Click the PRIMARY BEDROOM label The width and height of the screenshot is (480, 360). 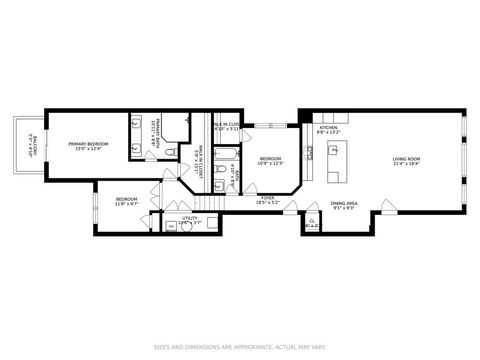click(x=89, y=144)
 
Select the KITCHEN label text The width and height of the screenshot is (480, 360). click(x=328, y=127)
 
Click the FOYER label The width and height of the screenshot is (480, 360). click(x=268, y=198)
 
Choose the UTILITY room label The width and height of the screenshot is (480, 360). click(x=189, y=217)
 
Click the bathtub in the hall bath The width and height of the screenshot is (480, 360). click(x=226, y=156)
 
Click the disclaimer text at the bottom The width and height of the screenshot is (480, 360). click(x=240, y=348)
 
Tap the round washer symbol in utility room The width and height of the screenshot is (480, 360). click(x=185, y=226)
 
